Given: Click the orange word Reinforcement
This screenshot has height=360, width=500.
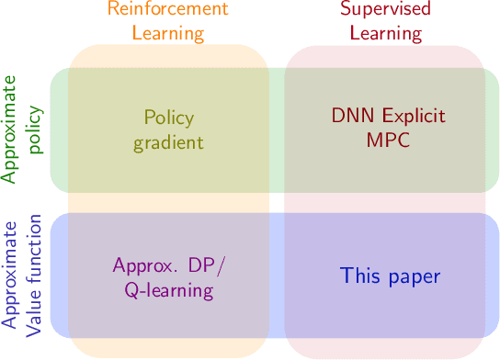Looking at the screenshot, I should (168, 11).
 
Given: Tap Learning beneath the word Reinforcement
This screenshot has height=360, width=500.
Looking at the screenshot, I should (168, 34).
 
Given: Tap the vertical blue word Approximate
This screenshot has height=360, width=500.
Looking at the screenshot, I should (11, 276).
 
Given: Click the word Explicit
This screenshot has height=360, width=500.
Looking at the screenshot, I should (411, 118).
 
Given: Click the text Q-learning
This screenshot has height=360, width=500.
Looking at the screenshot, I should (168, 291).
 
